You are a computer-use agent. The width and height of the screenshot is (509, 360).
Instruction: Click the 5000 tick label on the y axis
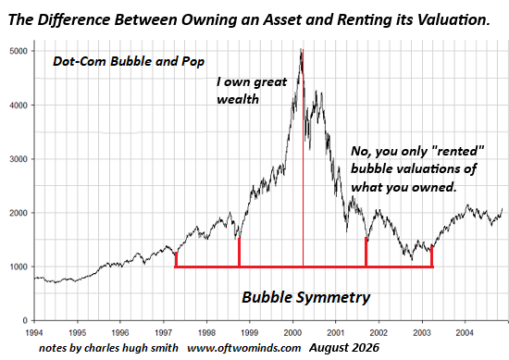pos(19,51)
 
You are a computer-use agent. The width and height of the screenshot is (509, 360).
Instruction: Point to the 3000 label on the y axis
pos(19,159)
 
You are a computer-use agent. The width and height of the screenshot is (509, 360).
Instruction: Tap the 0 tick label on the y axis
pos(25,321)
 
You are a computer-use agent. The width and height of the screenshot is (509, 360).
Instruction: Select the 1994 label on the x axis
pos(33,333)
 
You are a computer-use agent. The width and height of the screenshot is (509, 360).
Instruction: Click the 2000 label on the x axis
pos(292,333)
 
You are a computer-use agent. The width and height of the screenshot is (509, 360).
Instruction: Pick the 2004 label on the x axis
pos(466,333)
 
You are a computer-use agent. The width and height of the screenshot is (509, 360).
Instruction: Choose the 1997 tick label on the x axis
pos(163,333)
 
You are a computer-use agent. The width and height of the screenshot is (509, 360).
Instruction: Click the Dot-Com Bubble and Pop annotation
pos(129,61)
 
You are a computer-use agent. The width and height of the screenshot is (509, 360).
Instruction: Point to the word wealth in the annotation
pos(238,99)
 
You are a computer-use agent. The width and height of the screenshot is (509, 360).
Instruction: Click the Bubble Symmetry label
pos(306,297)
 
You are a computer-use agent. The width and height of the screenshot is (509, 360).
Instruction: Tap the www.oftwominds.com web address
pos(244,348)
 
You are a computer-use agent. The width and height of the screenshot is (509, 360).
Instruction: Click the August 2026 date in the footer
pos(344,348)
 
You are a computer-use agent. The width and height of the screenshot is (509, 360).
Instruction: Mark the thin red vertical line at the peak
pos(303,158)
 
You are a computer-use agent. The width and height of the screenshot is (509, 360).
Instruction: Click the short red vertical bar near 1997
pos(176,259)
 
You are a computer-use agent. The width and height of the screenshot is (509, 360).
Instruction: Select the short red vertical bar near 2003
pos(432,256)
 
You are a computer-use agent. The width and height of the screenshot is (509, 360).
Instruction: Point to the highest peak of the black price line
pos(302,49)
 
